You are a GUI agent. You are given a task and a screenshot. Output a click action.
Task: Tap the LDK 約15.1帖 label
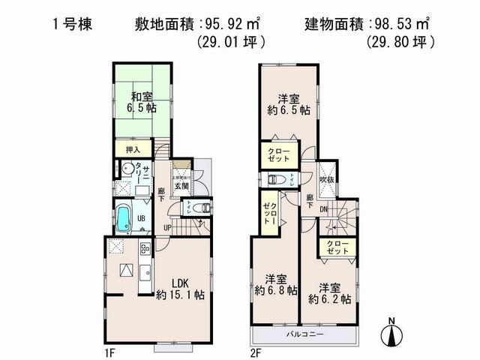click(x=181, y=289)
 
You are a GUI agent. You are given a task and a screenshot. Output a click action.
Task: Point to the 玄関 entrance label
click(x=181, y=186)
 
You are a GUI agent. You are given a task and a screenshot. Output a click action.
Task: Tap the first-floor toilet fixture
click(x=197, y=208)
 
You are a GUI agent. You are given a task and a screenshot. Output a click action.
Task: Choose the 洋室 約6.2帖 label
click(x=330, y=293)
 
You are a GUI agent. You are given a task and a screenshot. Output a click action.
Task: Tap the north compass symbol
click(x=391, y=333)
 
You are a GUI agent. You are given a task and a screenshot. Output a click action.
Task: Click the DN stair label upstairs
click(x=322, y=209)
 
